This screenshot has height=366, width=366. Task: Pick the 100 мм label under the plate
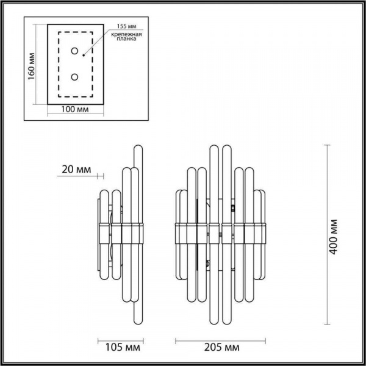pyautogui.click(x=76, y=109)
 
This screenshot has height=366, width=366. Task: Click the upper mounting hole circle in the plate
pyautogui.click(x=75, y=51)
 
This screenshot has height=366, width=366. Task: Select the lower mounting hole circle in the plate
pyautogui.click(x=75, y=77)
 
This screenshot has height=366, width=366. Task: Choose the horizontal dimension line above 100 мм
pyautogui.click(x=76, y=101)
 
